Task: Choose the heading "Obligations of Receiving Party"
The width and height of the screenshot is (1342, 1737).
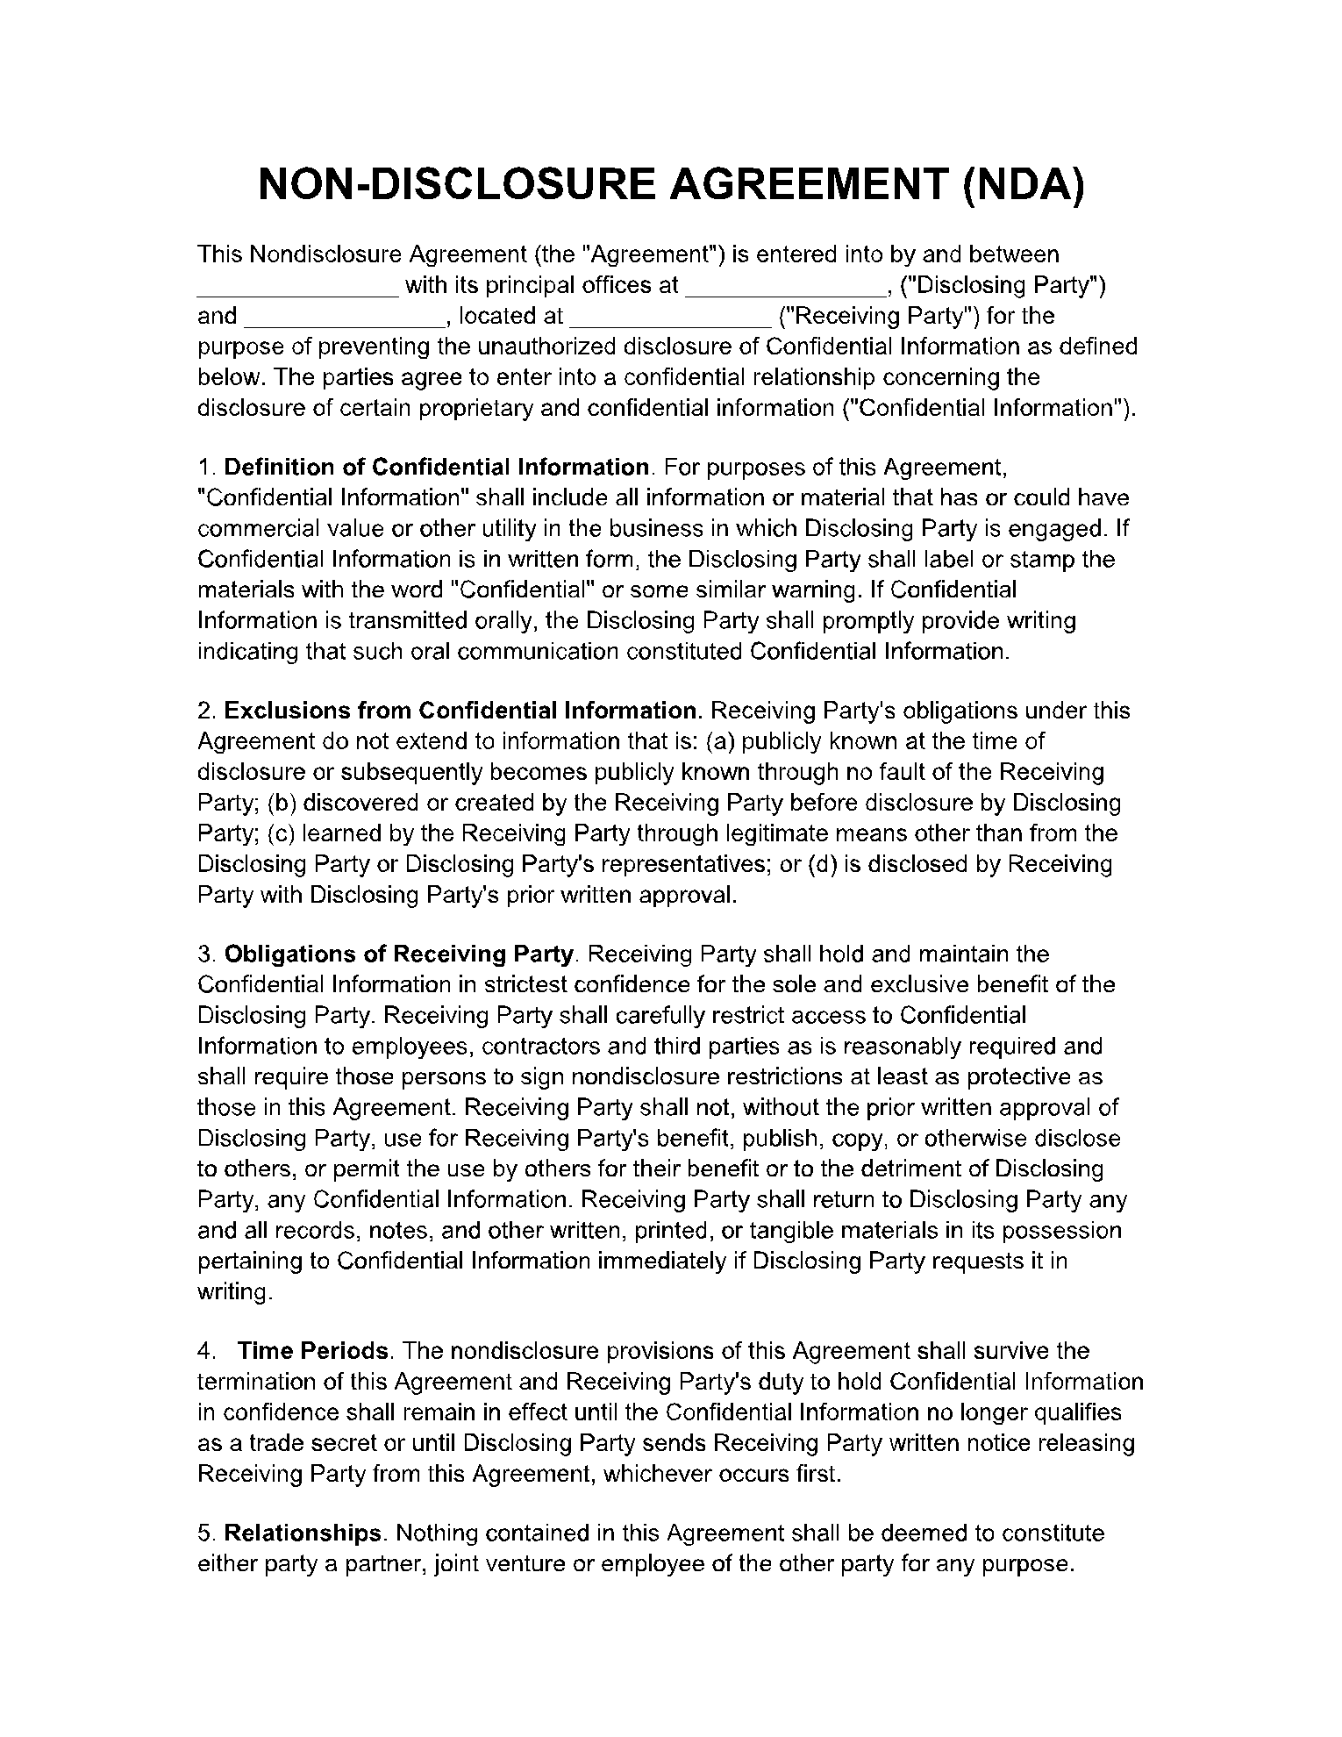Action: point(399,954)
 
